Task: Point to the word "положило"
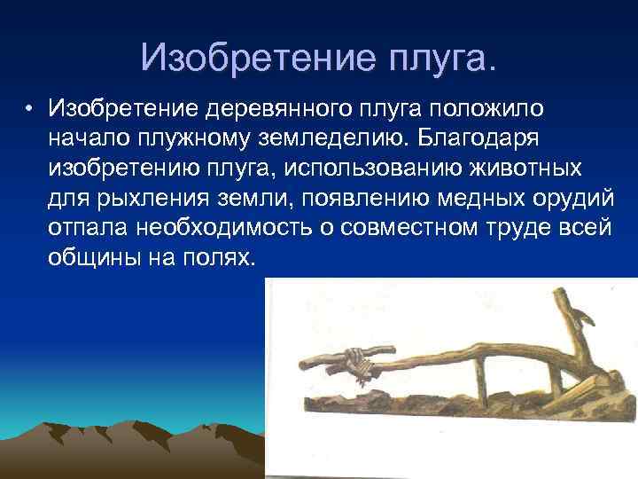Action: pyautogui.click(x=484, y=108)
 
